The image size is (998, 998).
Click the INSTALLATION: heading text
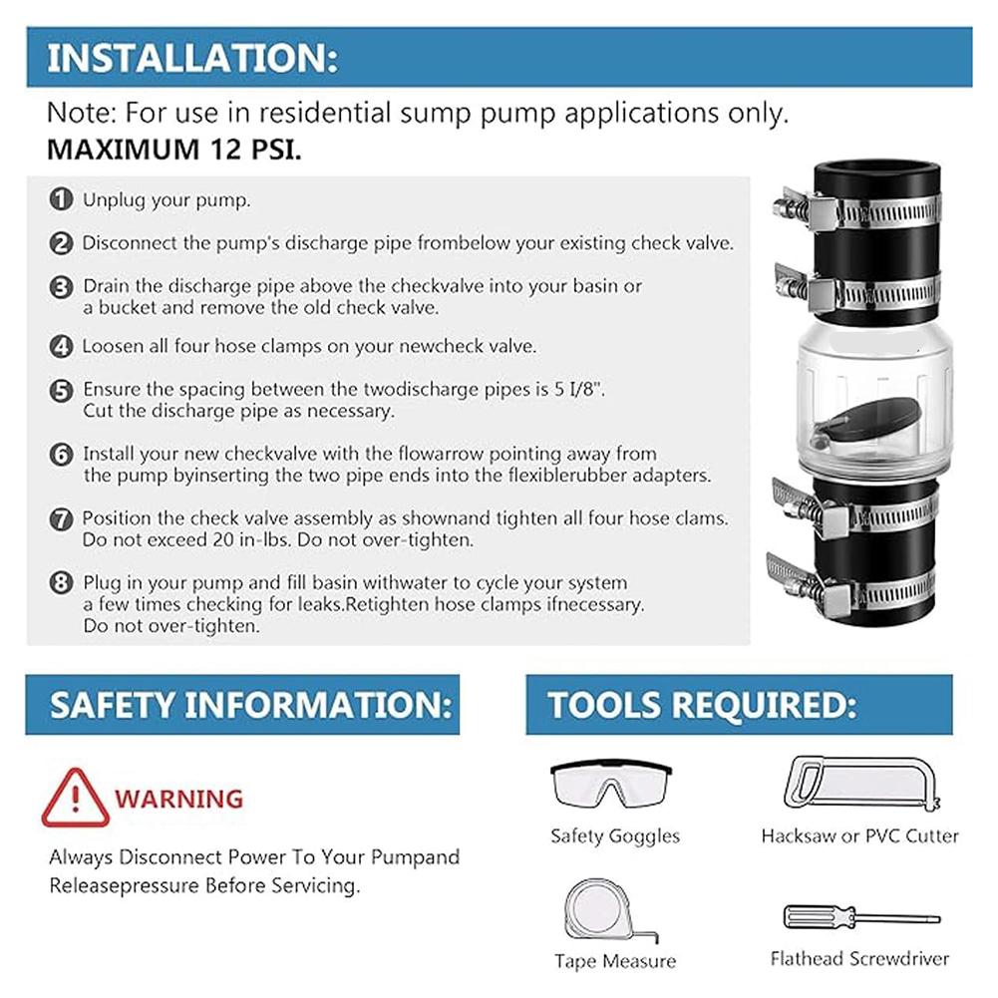click(192, 58)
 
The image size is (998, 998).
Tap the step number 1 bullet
click(62, 199)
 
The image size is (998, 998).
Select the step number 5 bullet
click(62, 390)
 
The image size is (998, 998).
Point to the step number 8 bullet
click(62, 582)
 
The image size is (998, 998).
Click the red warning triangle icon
click(75, 799)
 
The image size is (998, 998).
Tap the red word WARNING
click(178, 799)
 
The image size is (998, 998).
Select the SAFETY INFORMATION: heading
click(250, 705)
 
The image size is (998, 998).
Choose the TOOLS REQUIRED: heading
click(701, 705)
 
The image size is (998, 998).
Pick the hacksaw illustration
click(859, 784)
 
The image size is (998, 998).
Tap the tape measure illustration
click(609, 908)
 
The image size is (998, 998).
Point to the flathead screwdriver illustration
click(860, 917)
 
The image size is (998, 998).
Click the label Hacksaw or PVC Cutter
click(859, 836)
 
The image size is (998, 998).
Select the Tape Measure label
click(615, 961)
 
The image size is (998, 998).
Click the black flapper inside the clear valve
click(857, 423)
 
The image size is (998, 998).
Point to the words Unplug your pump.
click(166, 199)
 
